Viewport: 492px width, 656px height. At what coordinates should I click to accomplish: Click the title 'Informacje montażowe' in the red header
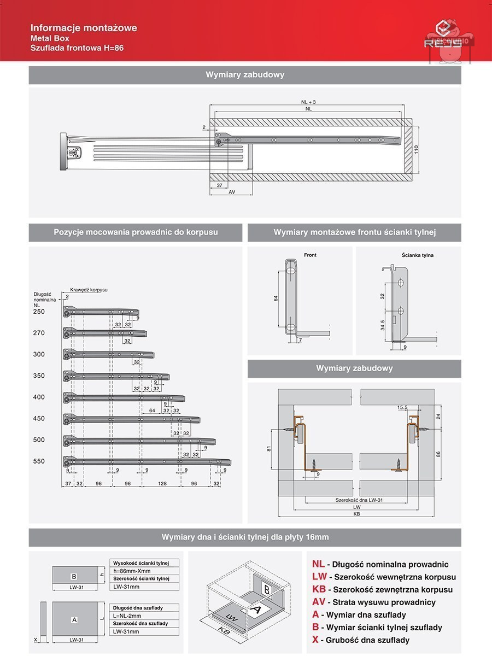pos(84,28)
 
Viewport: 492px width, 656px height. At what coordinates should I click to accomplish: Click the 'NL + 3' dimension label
pos(308,102)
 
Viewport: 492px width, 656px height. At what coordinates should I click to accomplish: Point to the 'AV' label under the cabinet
pos(232,192)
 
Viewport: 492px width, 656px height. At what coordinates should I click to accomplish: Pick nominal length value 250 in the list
pos(39,312)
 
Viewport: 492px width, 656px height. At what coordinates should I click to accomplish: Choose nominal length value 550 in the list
pos(39,461)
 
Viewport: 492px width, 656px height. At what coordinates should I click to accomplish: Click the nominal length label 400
pos(39,397)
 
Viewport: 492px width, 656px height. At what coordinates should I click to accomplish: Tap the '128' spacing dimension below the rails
pos(162,484)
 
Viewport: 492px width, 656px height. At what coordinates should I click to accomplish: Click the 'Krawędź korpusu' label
pos(89,289)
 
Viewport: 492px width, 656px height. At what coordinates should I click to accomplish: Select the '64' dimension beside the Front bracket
pos(276,298)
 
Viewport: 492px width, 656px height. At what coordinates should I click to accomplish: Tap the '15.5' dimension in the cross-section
pos(403,407)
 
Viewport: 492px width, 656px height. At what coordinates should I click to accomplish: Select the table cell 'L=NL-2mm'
pos(127,616)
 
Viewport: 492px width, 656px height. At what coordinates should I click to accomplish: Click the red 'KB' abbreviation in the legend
pos(319,589)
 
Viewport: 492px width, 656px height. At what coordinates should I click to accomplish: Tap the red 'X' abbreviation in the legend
pos(315,640)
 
